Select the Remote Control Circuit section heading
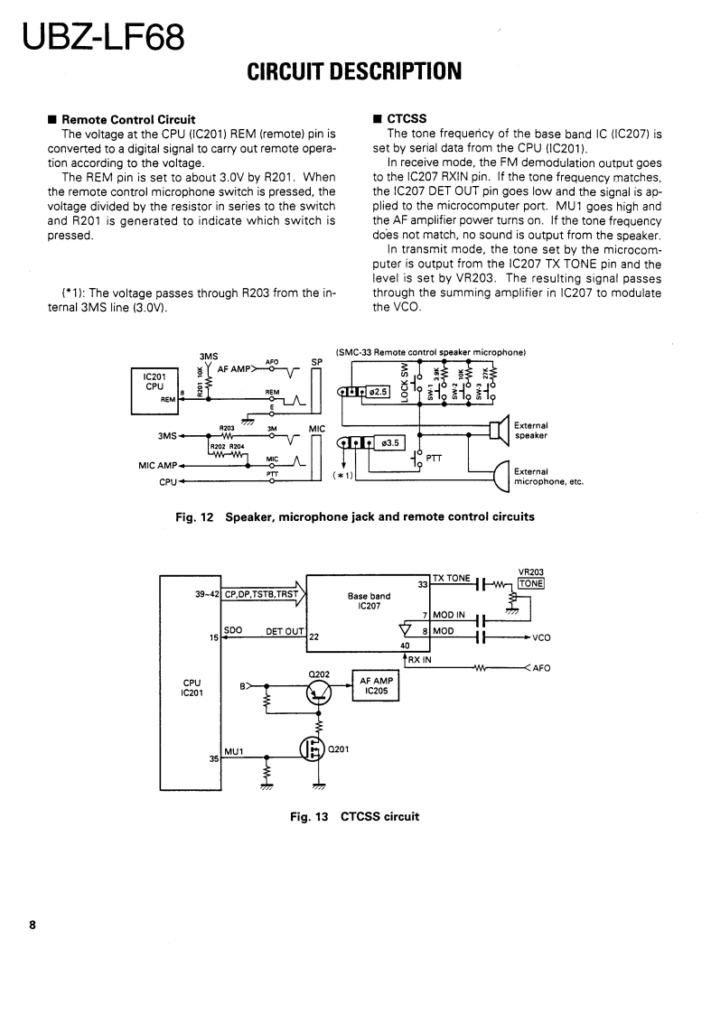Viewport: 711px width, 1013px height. pos(127,119)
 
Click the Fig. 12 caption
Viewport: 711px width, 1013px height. pos(354,517)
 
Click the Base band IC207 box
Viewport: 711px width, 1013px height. pos(369,601)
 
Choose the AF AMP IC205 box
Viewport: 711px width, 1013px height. pos(375,686)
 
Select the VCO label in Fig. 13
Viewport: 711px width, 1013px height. pos(542,637)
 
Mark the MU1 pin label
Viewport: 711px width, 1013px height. pos(234,751)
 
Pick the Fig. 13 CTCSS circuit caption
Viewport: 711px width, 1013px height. pos(354,817)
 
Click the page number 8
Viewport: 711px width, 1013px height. pos(33,925)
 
